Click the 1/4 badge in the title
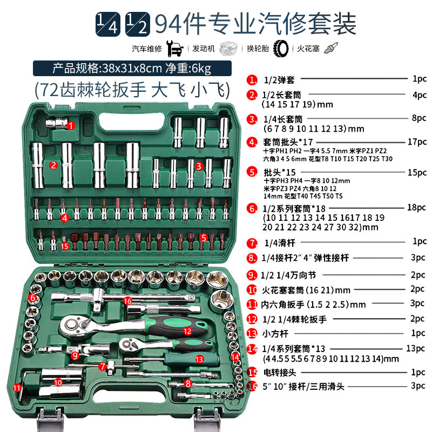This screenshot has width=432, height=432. coord(107,24)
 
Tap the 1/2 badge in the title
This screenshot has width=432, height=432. coord(138,24)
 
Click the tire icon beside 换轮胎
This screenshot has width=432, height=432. coord(281,49)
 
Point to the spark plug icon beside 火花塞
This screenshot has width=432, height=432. coord(331,48)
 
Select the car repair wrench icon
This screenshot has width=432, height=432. coord(175,49)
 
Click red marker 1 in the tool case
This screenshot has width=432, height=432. coord(71,126)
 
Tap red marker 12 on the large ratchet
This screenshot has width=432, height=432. coord(187,331)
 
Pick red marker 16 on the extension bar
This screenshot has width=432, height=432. coord(128,301)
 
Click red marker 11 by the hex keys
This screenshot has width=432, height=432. coord(17,388)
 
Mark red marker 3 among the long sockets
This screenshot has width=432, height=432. coord(199,166)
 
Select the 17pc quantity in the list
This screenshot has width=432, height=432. coord(417,142)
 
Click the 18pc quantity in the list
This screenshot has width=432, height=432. coord(416,207)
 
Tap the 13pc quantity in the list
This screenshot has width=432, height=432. coord(415,348)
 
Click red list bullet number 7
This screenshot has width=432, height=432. coord(252,243)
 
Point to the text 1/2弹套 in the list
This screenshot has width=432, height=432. coord(279,80)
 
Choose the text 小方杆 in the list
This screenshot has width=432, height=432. coord(275,334)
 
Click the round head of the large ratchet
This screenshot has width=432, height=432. coord(72,325)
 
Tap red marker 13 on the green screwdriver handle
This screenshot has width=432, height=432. coord(199,359)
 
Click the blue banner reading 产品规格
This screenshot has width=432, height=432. coord(132,69)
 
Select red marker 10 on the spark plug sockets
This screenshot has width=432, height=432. coord(58,382)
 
